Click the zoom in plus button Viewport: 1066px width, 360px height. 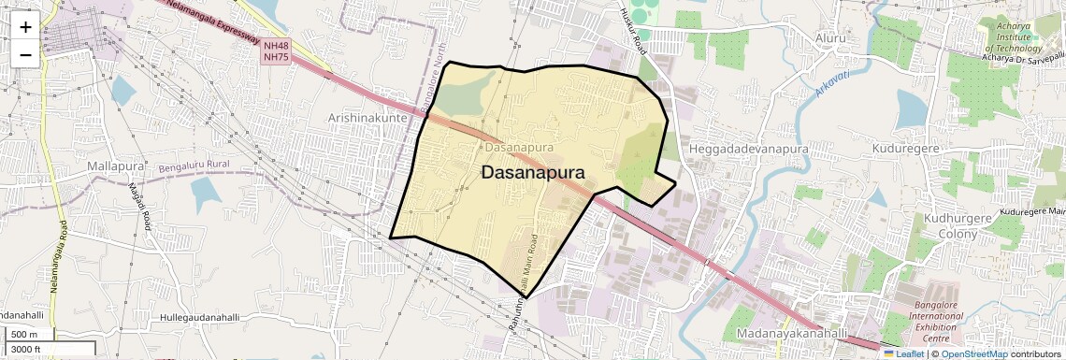(25, 26)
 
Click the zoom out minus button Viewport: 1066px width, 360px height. (25, 55)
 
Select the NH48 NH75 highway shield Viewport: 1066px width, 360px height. (275, 51)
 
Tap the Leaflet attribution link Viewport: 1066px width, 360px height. (904, 353)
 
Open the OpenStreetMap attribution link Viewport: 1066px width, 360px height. (973, 353)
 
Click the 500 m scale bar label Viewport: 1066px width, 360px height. (24, 335)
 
